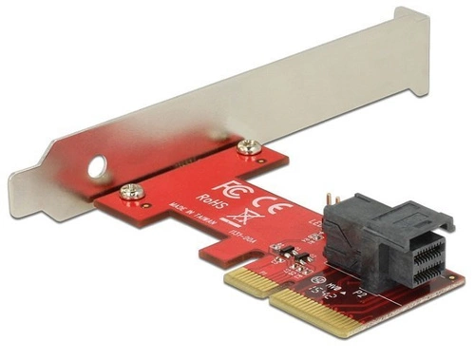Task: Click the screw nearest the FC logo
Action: (x=250, y=145)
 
